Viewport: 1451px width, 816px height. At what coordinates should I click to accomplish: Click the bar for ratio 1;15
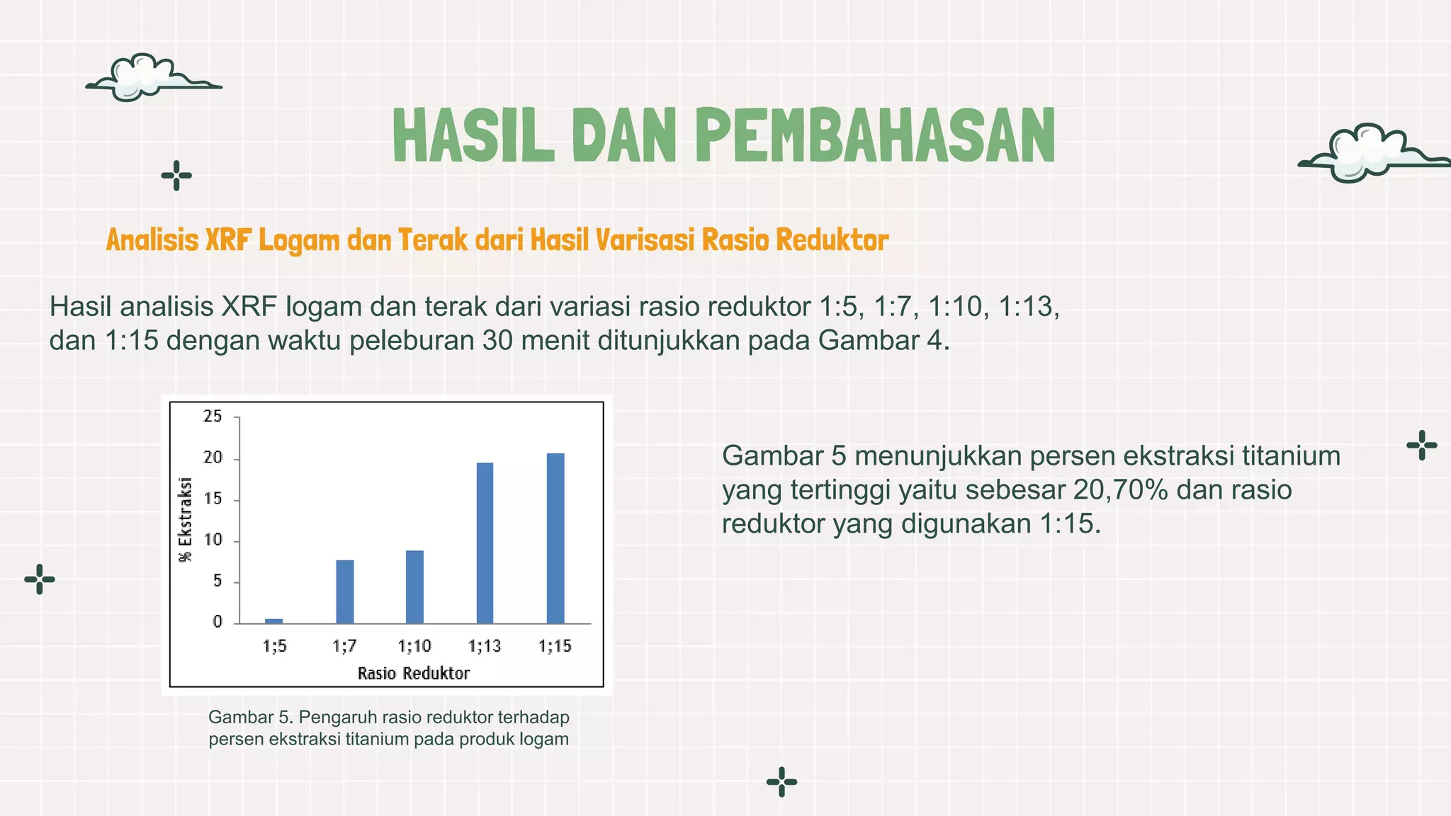coord(555,538)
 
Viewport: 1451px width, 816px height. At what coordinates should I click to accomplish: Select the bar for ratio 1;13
coord(485,543)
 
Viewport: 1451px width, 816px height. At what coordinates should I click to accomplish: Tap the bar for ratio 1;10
coord(414,586)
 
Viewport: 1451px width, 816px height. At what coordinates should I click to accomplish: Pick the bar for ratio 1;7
coord(345,591)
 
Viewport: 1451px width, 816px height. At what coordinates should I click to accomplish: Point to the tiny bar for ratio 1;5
coord(274,620)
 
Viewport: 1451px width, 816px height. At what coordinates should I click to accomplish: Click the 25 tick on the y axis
coord(213,416)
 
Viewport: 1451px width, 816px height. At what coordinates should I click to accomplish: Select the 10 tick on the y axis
coord(213,540)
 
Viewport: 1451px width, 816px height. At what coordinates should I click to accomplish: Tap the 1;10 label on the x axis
coord(414,646)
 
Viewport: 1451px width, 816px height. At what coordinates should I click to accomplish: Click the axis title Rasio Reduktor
coord(413,674)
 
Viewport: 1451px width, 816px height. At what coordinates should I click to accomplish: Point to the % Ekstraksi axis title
coord(186,519)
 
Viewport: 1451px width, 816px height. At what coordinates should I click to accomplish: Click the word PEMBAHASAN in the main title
coord(876,136)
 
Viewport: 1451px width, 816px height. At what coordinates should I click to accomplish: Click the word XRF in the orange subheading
coord(228,240)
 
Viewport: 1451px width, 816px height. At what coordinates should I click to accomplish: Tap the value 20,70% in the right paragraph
coord(1119,490)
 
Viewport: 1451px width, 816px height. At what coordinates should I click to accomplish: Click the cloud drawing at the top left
coord(145,78)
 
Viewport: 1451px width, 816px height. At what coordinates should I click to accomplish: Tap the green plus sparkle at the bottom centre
coord(781,782)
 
